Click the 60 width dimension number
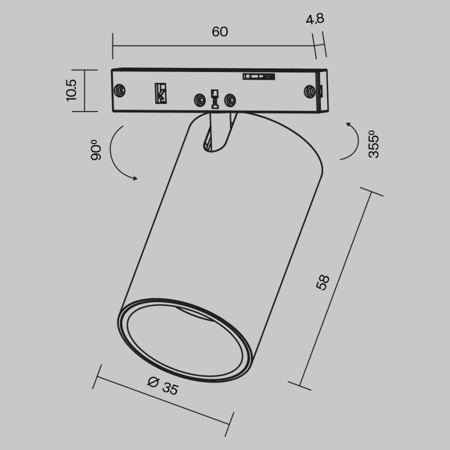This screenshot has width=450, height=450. click(220, 32)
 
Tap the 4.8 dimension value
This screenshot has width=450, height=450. click(315, 20)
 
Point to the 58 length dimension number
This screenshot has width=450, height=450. click(322, 282)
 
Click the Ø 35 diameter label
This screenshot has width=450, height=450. click(163, 386)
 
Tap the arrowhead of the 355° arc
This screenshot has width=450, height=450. click(348, 124)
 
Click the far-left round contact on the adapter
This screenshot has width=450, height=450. click(120, 90)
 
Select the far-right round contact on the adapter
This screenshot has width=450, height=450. click(310, 91)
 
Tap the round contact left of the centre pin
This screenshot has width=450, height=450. click(199, 99)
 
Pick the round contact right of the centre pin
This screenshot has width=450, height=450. click(231, 99)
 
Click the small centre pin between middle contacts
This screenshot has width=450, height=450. click(215, 99)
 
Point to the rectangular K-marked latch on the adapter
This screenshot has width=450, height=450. click(161, 93)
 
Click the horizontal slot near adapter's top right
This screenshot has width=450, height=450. click(259, 77)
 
